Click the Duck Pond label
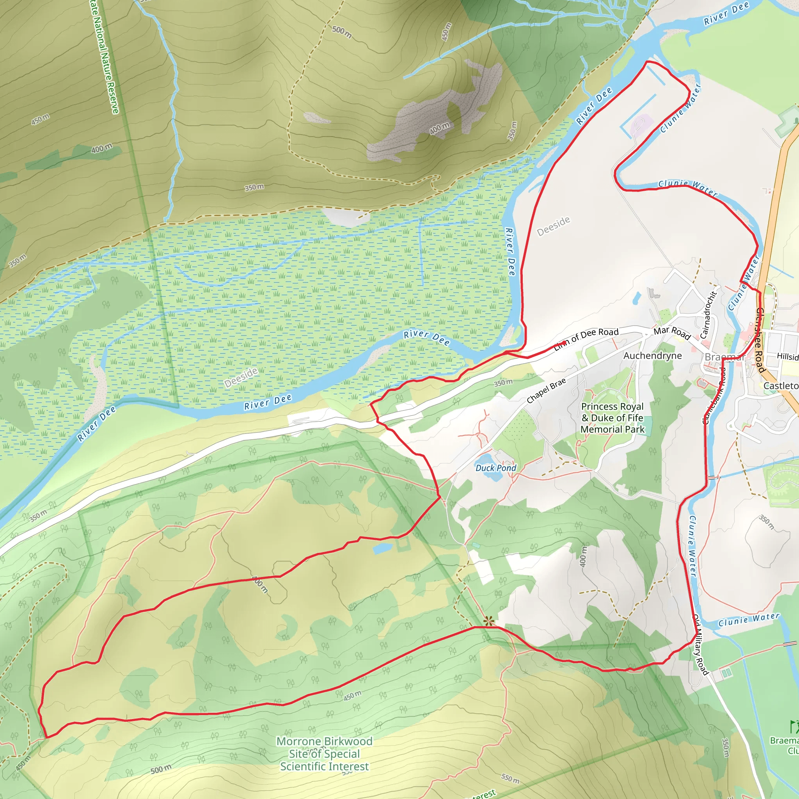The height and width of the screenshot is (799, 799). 495,468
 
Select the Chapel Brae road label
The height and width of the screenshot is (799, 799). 546,391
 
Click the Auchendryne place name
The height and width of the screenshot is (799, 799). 652,356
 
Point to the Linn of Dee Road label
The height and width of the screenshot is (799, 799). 586,338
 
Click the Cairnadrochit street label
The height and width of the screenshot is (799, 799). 708,315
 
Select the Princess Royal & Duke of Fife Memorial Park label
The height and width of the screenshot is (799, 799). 612,418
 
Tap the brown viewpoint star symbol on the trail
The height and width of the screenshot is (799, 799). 489,621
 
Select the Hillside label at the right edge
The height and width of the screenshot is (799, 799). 787,356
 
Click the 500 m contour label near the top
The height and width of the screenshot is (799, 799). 342,32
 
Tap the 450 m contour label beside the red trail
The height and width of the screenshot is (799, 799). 352,696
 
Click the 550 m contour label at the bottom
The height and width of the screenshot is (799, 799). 510,778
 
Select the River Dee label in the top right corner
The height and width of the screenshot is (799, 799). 726,13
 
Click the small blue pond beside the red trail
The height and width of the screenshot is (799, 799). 382,549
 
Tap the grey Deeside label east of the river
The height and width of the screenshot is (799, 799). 553,226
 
